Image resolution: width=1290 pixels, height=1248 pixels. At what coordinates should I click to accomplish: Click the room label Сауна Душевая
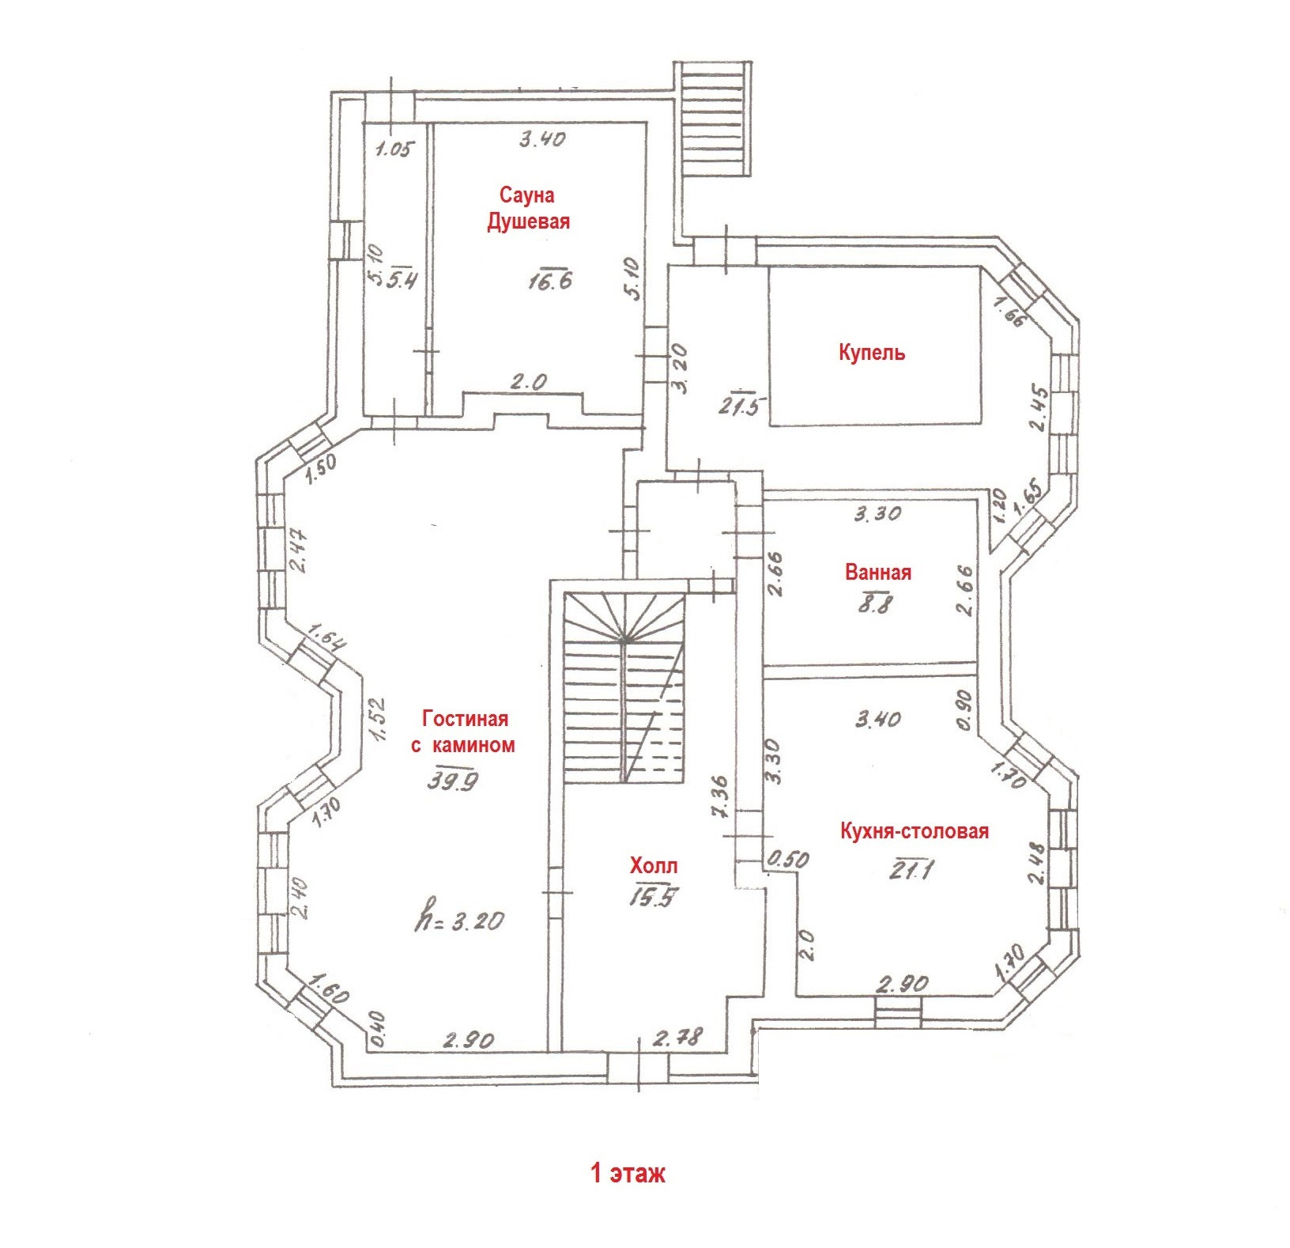527,208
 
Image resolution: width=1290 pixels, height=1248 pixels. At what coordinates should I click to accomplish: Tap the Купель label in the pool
871,352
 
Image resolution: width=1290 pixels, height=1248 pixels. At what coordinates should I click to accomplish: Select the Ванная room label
877,572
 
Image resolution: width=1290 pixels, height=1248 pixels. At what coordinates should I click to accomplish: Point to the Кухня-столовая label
914,831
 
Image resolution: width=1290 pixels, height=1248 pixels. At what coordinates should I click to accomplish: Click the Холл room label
653,865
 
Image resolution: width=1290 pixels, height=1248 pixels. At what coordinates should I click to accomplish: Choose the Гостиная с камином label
464,732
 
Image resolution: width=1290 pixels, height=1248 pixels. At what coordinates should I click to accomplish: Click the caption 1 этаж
628,1172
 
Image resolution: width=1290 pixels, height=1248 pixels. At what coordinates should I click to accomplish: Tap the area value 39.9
453,781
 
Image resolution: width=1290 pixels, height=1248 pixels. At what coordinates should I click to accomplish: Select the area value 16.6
550,279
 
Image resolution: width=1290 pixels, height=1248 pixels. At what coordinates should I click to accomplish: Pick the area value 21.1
911,870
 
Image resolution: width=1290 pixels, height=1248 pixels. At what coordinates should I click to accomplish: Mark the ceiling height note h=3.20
459,921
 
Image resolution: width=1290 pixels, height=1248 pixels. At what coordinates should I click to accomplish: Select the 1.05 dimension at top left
394,149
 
